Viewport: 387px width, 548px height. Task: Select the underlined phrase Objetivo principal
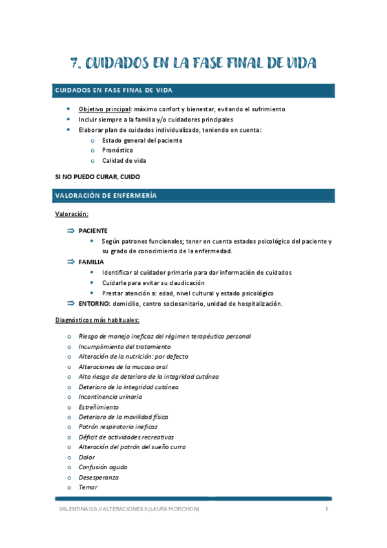pos(103,109)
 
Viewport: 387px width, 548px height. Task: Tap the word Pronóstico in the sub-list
pos(118,151)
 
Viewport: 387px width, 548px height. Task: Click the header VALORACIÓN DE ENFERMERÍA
pos(106,196)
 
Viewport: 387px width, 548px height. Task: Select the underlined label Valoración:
pos(72,214)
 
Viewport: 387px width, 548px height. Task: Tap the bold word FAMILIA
pos(92,262)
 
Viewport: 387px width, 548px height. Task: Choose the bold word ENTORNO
pos(94,304)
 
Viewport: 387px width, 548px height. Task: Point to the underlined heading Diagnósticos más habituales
pos(97,320)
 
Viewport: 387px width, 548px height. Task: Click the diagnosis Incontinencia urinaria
pos(110,397)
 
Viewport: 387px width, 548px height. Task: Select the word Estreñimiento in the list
pos(99,407)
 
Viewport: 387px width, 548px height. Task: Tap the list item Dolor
pos(86,457)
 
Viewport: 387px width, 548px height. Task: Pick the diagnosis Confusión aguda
pos(103,467)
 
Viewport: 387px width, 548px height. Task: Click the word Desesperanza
pos(99,477)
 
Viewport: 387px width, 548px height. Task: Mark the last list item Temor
pos(88,487)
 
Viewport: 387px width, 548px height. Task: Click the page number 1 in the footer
pos(328,510)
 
